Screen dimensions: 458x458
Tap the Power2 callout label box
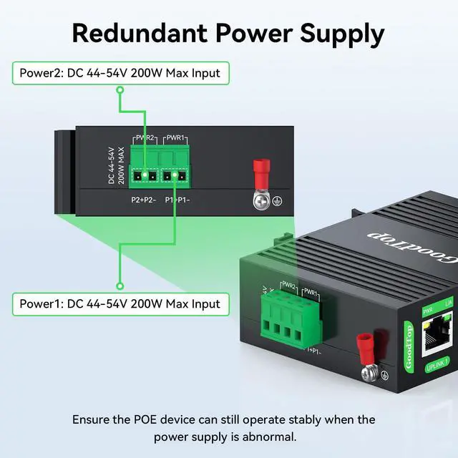[120, 72]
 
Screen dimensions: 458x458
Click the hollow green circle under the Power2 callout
[121, 90]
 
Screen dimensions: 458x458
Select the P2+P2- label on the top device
[142, 201]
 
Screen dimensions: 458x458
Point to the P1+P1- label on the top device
[179, 201]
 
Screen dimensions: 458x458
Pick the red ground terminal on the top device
[260, 172]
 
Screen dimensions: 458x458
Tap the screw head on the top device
[261, 202]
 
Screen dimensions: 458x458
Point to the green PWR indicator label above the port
[428, 310]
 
